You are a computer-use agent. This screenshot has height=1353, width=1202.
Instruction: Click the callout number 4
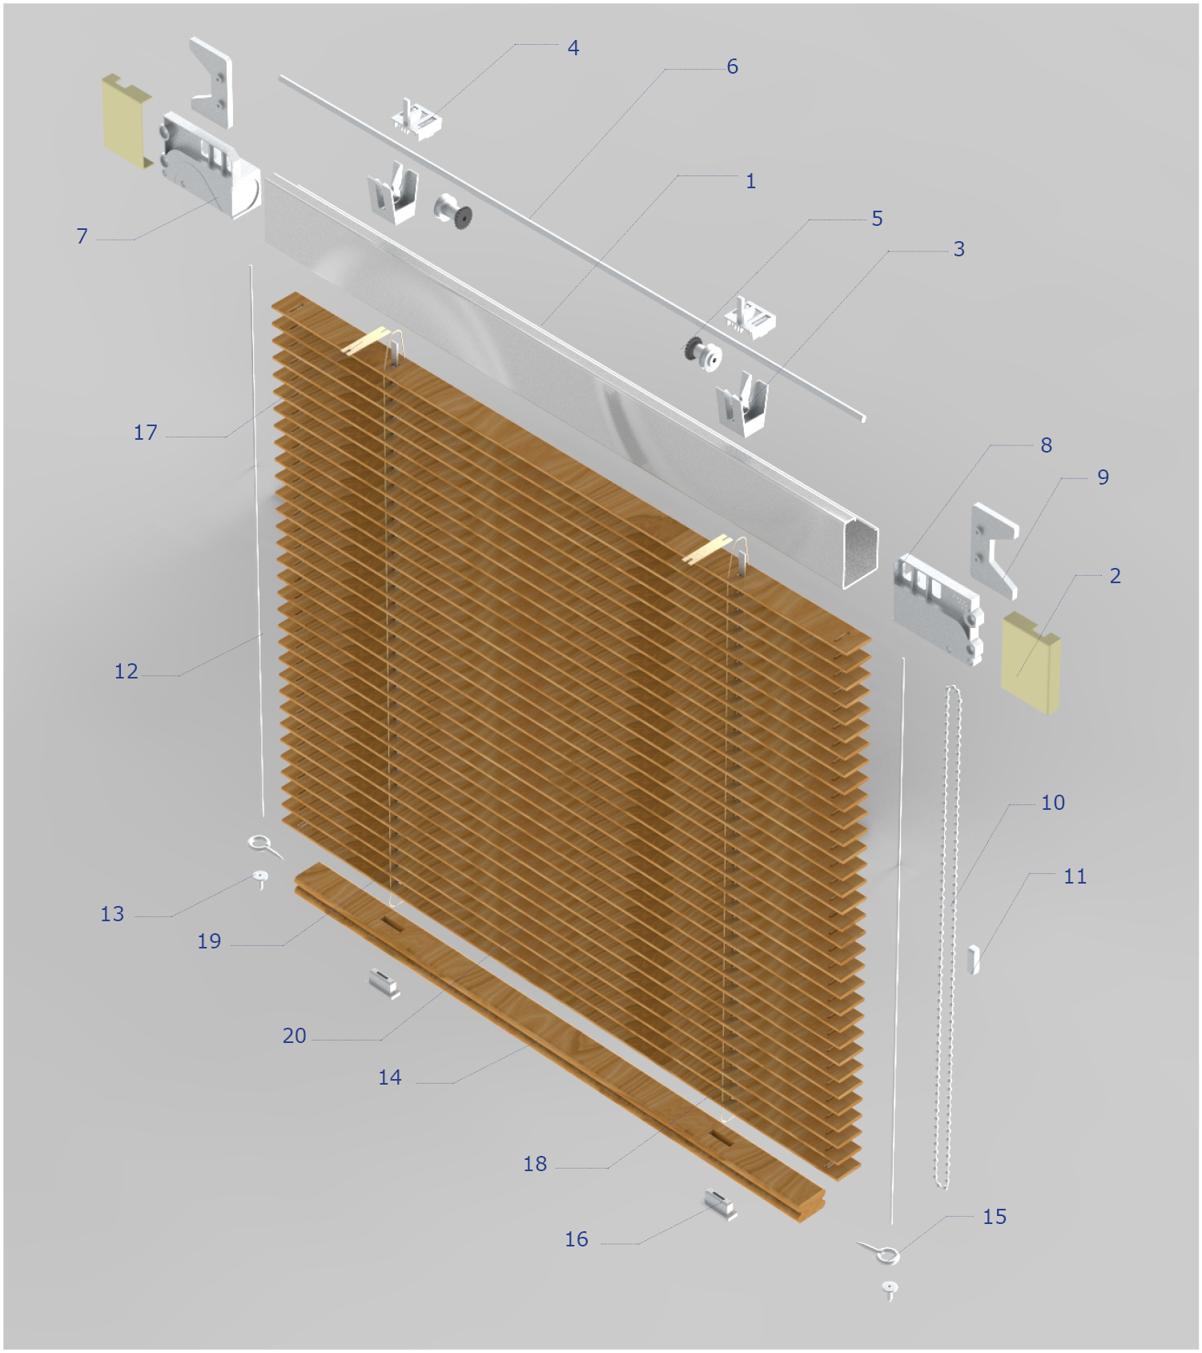[x=573, y=48]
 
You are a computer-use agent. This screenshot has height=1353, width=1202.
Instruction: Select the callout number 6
[x=732, y=66]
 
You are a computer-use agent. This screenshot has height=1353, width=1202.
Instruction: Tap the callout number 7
[x=82, y=236]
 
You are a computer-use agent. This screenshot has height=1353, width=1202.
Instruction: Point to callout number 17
[x=145, y=433]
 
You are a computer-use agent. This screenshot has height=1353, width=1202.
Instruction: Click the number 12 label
[x=126, y=671]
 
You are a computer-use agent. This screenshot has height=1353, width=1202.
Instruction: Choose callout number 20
[x=294, y=1036]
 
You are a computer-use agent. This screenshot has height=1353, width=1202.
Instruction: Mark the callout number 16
[x=577, y=1239]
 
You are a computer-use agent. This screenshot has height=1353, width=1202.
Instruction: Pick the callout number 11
[x=1075, y=876]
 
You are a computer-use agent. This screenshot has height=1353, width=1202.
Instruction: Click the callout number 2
[x=1115, y=576]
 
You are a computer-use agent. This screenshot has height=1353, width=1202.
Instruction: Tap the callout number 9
[x=1103, y=477]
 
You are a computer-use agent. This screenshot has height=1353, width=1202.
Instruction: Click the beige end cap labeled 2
[x=1031, y=662]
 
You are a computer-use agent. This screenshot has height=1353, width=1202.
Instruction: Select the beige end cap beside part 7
[x=127, y=122]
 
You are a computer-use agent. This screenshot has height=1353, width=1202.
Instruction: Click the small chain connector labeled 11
[x=973, y=960]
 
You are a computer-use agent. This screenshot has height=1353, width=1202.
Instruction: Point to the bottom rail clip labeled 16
[x=720, y=1204]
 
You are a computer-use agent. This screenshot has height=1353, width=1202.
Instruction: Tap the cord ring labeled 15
[x=882, y=1253]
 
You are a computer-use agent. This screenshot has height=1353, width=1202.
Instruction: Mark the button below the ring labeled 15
[x=890, y=1290]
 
